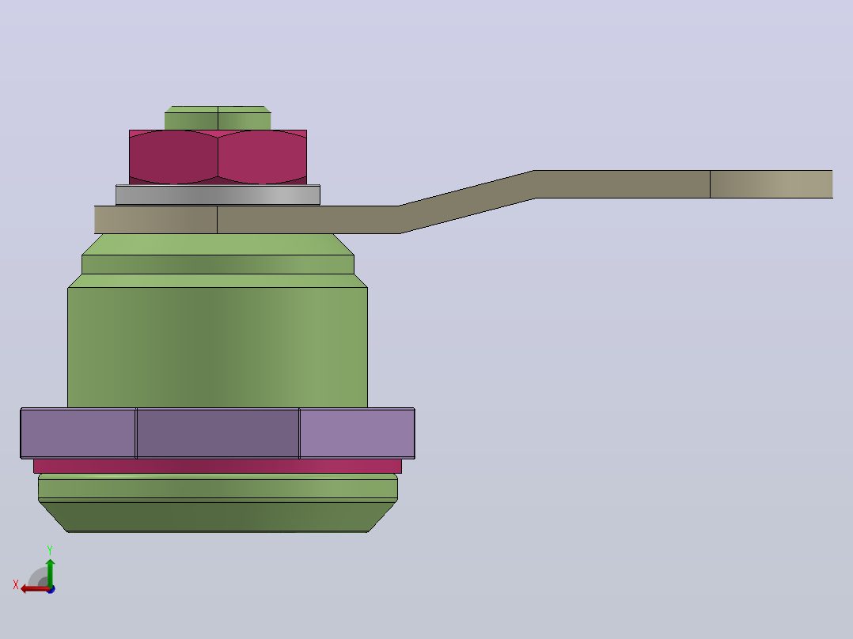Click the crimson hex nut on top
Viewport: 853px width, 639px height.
pos(218,157)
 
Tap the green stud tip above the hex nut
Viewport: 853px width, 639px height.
pos(218,118)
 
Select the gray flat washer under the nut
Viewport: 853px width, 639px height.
pos(218,195)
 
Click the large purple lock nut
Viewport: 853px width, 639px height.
pos(218,433)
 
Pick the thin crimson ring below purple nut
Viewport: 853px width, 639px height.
pos(218,466)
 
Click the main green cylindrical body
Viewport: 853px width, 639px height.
pos(218,347)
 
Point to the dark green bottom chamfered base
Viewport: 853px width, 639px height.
pos(218,516)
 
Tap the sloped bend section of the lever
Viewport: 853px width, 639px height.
pos(467,202)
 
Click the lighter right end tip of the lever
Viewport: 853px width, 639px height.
pos(771,184)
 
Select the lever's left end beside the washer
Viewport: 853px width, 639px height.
pos(156,220)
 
